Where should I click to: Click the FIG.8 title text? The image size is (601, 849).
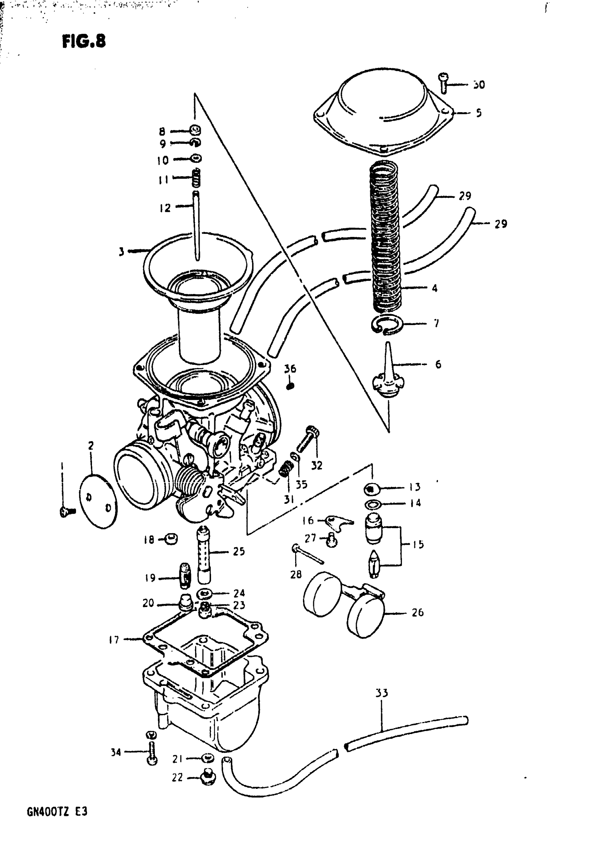coord(84,41)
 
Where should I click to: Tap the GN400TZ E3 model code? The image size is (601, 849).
coord(57,812)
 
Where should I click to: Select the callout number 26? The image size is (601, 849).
coord(418,612)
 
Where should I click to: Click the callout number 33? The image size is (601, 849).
coord(381,693)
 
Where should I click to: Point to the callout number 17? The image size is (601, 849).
coord(114,640)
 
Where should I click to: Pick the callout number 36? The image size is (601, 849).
coord(290,369)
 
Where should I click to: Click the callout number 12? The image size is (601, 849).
coord(165,208)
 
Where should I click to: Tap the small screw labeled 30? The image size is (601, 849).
coord(443,82)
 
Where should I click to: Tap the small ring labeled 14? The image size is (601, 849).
coord(373,504)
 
